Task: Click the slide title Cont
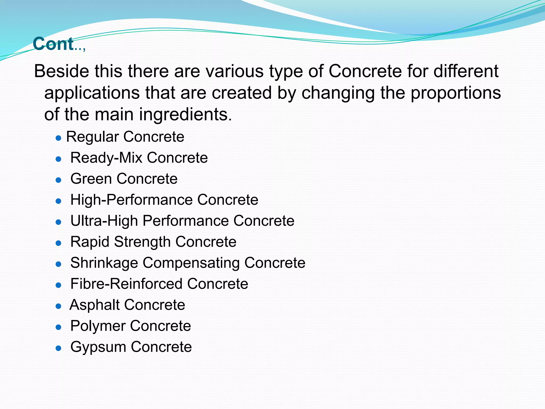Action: coord(53,44)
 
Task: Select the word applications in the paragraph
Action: coord(92,93)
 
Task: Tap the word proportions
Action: coord(456,93)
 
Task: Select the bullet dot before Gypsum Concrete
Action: coord(59,348)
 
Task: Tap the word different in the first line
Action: coord(466,71)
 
